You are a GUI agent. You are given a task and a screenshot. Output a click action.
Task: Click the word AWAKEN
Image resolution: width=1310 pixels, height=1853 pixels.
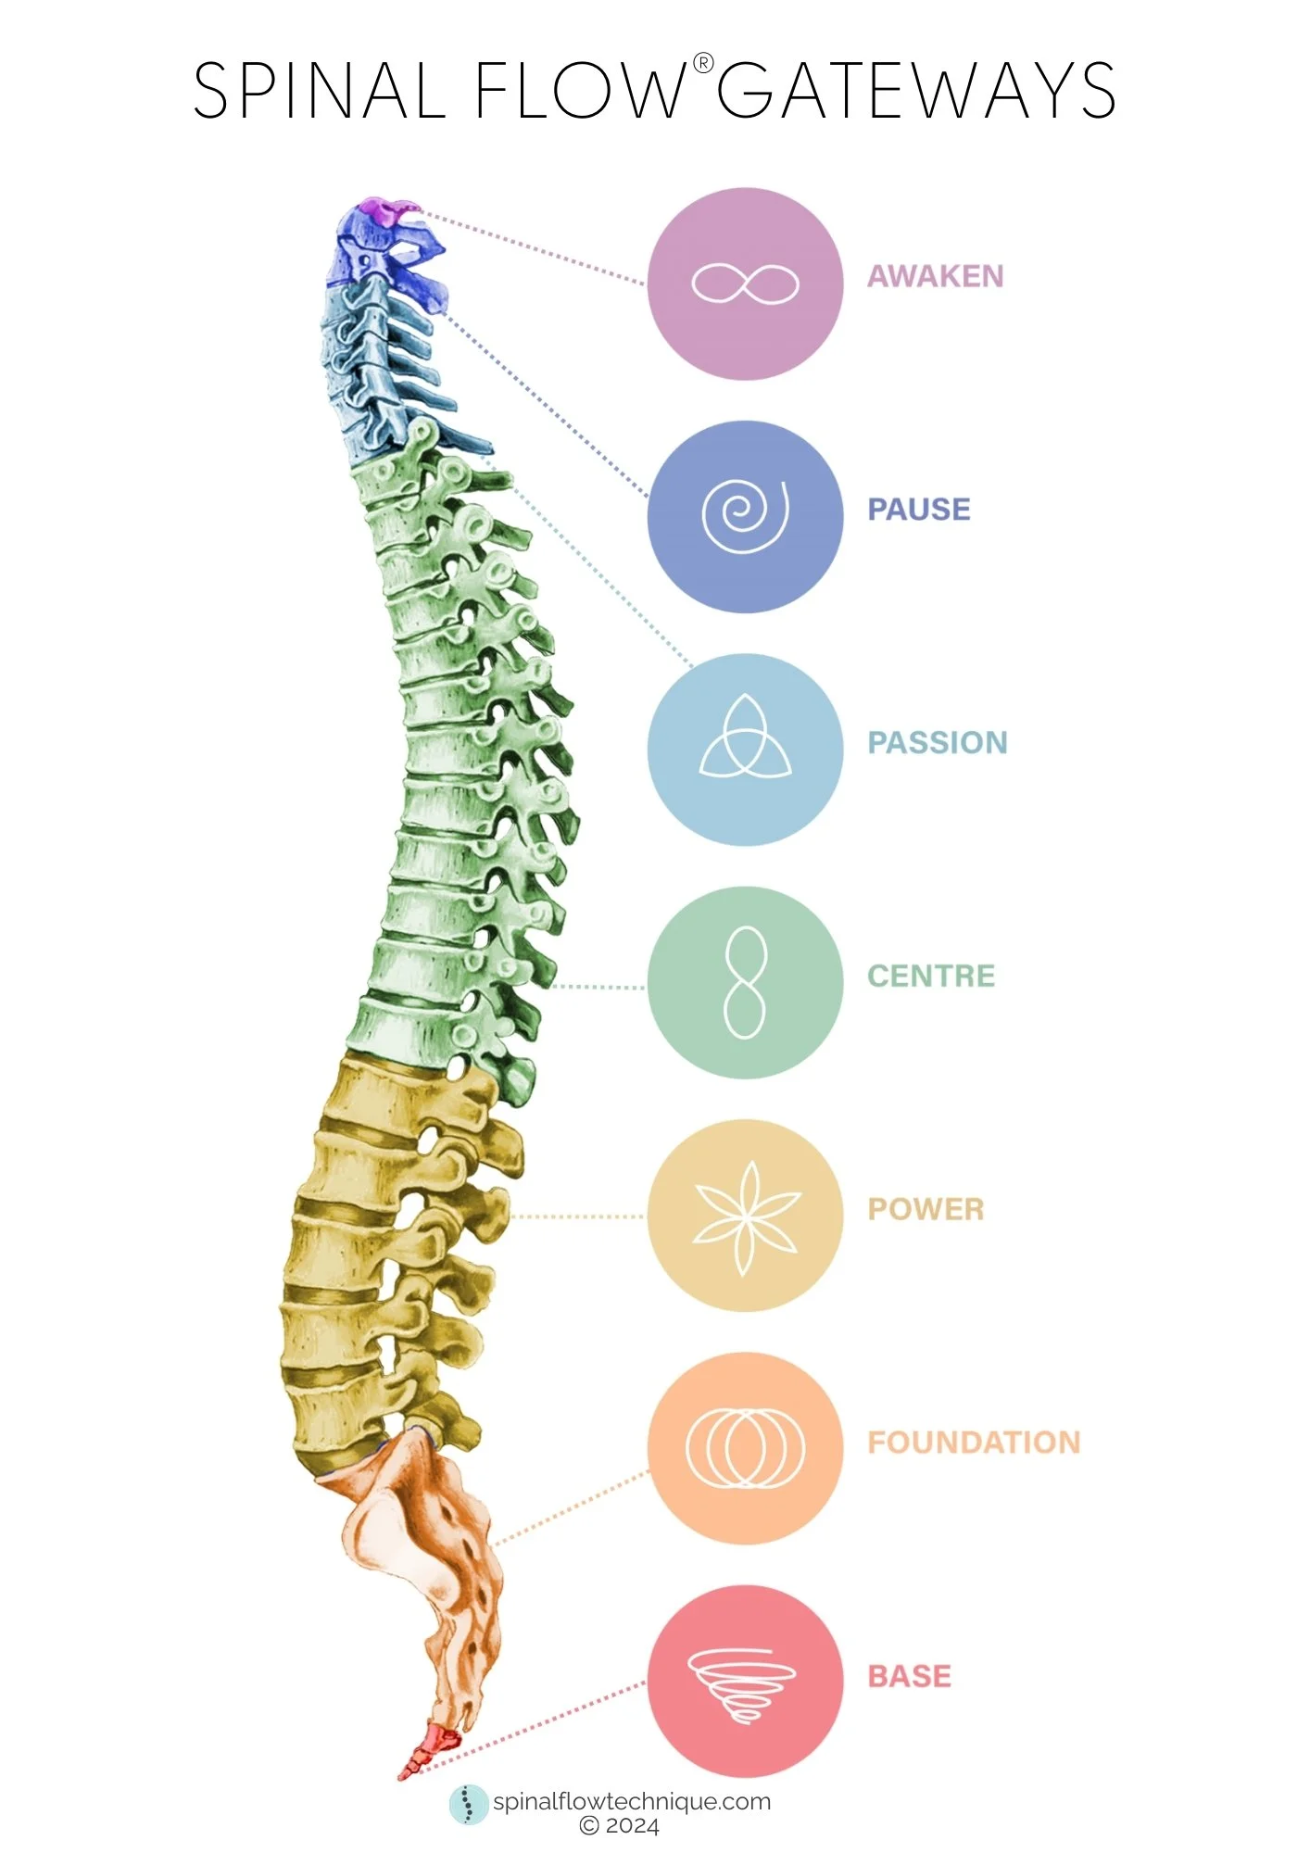[x=935, y=276]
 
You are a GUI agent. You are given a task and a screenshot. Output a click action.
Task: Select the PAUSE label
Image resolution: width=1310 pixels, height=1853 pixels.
[x=918, y=510]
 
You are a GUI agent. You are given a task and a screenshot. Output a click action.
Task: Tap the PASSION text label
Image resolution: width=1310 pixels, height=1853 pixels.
[x=937, y=742]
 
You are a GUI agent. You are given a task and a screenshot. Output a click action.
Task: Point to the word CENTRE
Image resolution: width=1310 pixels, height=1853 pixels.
[x=930, y=976]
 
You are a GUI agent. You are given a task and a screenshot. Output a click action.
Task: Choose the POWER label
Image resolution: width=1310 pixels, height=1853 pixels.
[x=925, y=1209]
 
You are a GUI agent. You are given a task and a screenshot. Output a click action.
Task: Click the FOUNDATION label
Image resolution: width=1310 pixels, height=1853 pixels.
[x=973, y=1443]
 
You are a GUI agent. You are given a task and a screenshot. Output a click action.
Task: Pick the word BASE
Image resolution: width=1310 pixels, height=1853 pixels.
[x=909, y=1676]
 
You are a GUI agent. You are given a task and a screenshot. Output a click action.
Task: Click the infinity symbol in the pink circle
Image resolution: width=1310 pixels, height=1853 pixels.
[x=745, y=284]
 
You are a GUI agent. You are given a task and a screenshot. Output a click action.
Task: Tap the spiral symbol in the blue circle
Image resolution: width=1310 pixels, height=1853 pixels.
[x=745, y=515]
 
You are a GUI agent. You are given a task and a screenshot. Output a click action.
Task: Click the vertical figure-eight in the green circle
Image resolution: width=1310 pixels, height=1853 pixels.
[x=745, y=982]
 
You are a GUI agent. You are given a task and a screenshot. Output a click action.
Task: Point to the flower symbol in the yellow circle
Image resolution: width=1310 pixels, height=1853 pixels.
[x=745, y=1216]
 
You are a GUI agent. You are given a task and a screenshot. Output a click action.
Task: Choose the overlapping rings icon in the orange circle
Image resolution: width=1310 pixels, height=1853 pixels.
[x=745, y=1448]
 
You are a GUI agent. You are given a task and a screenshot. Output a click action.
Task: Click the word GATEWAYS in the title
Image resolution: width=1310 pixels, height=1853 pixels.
[x=915, y=91]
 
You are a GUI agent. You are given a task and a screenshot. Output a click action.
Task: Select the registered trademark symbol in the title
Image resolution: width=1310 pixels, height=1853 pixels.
[x=703, y=63]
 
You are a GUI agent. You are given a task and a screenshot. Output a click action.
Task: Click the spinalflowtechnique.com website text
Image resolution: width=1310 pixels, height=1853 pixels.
[x=631, y=1802]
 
